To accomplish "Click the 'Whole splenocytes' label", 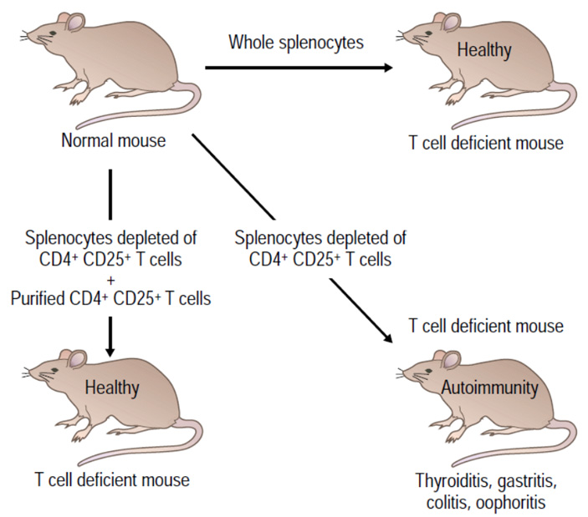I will [296, 43].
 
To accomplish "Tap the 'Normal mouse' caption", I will [113, 140].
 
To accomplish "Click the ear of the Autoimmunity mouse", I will [450, 360].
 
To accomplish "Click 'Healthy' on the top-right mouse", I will [483, 50].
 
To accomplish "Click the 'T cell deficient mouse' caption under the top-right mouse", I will [486, 143].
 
